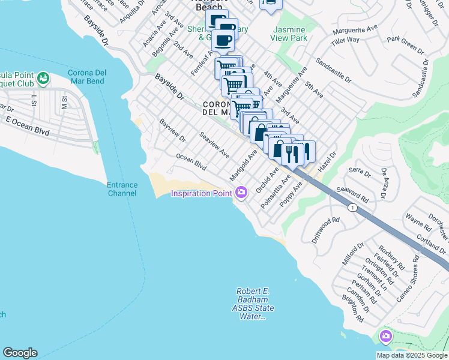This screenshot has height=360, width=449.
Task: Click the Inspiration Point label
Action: click(x=201, y=193)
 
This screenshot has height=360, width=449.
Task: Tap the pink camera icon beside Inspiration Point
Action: click(x=241, y=193)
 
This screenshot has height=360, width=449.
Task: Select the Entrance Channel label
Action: click(x=122, y=189)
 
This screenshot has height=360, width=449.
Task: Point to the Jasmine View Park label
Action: click(x=291, y=34)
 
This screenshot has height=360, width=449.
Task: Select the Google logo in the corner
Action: click(x=20, y=353)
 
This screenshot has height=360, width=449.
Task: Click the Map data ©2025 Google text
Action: click(x=412, y=355)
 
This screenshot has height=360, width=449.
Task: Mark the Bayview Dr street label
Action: click(x=173, y=131)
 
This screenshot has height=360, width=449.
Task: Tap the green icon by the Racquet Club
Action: click(x=43, y=78)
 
